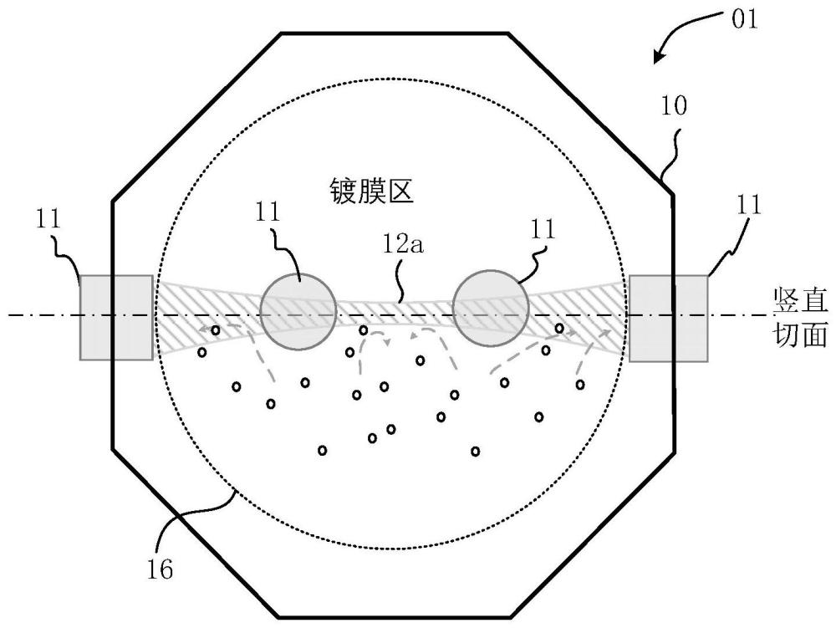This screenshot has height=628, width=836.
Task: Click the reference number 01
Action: pos(744,19)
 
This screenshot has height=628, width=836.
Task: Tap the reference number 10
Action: pos(674,106)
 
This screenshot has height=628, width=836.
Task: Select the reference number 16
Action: pos(160,570)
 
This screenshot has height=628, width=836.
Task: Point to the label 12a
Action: pos(403,244)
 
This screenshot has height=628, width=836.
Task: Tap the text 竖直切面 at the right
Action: pos(801,318)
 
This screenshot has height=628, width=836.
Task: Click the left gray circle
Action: pos(298,310)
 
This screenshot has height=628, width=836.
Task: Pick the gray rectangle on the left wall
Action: pos(116,318)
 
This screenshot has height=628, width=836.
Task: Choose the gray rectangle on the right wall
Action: pos(669,319)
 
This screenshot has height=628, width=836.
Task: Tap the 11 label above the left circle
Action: pos(268,212)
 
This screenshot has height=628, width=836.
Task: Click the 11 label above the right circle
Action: pos(543,230)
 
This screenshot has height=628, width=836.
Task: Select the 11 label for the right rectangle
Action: pos(748,205)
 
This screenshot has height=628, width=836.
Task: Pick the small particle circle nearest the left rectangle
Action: pos(202,352)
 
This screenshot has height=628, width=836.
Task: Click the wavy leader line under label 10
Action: pos(672,151)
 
